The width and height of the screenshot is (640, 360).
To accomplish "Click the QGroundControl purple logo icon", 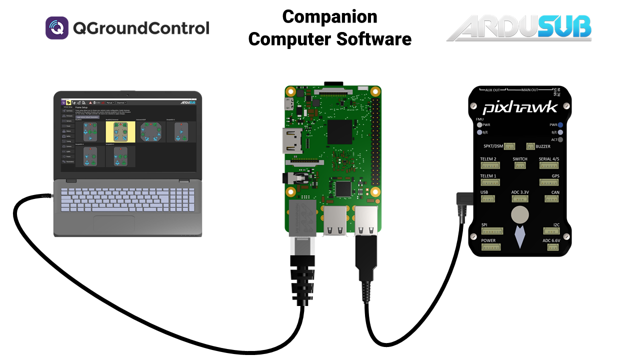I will [57, 28].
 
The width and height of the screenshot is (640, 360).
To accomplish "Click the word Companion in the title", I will [329, 16].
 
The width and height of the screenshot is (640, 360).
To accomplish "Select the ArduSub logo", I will [518, 28].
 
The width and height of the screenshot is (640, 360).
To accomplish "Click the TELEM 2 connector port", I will [490, 165].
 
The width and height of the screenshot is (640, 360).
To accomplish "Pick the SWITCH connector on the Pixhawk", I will [519, 165].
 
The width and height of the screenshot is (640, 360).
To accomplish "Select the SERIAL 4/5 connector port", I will [548, 165].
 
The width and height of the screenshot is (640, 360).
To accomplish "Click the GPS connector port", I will [548, 182].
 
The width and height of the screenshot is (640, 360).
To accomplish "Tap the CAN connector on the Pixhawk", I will [551, 198].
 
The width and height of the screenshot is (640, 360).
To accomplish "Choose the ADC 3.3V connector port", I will [519, 198].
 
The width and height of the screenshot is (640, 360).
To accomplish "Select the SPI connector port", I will [491, 231].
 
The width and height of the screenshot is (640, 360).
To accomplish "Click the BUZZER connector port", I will [531, 146].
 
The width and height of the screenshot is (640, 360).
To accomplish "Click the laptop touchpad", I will [114, 223].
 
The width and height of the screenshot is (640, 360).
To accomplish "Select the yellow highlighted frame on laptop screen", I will [120, 132].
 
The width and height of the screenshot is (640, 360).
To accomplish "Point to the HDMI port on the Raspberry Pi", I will [291, 140].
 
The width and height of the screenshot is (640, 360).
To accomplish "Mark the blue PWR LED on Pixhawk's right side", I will [561, 125].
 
